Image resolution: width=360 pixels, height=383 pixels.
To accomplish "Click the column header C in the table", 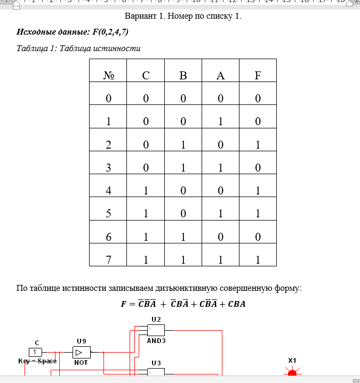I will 146,76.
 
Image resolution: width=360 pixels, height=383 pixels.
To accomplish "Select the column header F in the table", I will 258,76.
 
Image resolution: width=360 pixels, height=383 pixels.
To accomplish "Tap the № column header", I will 108,76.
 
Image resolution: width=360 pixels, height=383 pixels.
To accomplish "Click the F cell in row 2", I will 258,145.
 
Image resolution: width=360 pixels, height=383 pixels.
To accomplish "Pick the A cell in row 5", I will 220,214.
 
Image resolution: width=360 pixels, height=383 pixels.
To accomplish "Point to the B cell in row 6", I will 183,237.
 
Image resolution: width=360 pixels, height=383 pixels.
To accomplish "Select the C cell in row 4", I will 146,191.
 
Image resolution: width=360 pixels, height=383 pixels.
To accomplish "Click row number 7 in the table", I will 108,260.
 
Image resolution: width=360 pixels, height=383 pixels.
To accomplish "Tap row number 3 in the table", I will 108,168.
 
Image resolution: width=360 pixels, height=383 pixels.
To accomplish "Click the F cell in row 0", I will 258,99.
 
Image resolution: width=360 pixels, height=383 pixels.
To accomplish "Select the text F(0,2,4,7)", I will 110,32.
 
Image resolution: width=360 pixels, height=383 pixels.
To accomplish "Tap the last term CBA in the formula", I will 237,305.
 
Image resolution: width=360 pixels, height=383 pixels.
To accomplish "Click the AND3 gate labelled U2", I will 156,330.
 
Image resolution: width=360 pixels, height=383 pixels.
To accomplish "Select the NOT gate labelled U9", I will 82,352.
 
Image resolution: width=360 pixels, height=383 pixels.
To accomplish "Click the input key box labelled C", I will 35,352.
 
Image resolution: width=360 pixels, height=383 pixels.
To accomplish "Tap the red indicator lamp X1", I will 292,373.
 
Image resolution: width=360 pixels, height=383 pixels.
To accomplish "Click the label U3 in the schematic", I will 156,363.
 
